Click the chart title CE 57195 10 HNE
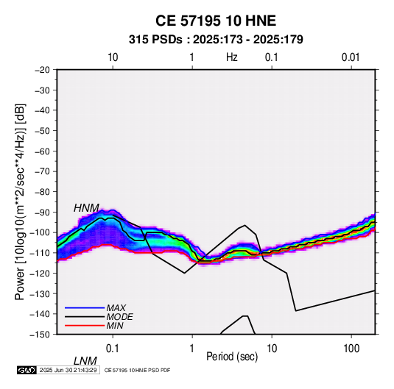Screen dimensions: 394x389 coord(216,21)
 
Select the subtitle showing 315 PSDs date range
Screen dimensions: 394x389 coord(216,40)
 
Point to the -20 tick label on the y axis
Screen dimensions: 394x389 coord(42,70)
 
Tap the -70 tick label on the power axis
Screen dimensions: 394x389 coord(42,171)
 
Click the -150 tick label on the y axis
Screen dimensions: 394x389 coord(41,335)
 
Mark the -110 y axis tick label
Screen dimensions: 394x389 coord(41,253)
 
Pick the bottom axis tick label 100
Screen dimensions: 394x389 coord(351,349)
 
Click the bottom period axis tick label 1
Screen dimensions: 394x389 coord(192,349)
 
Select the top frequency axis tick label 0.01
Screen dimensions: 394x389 coord(351,57)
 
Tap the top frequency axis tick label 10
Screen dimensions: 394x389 coord(113,57)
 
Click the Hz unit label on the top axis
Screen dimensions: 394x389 coord(232,57)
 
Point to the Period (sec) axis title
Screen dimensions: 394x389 coord(232,357)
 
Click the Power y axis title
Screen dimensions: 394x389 coord(20,202)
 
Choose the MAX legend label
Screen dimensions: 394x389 coord(116,308)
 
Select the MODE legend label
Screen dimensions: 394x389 coord(119,317)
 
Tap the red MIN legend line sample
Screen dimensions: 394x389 coord(85,326)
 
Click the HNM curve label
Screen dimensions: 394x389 coord(86,208)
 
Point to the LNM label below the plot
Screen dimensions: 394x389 coord(85,361)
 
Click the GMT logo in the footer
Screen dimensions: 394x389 coord(27,370)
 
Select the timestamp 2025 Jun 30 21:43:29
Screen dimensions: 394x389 coord(68,370)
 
